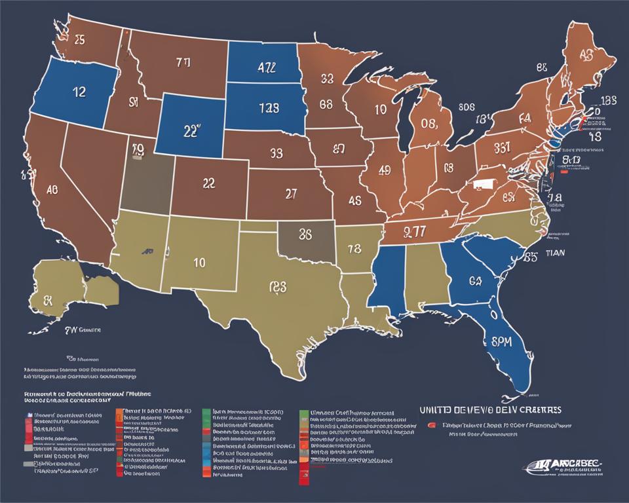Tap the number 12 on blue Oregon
tap(77, 92)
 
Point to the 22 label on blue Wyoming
tap(190, 130)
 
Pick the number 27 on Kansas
tap(292, 193)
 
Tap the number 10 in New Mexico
tap(200, 262)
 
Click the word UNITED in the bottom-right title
tap(437, 409)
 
